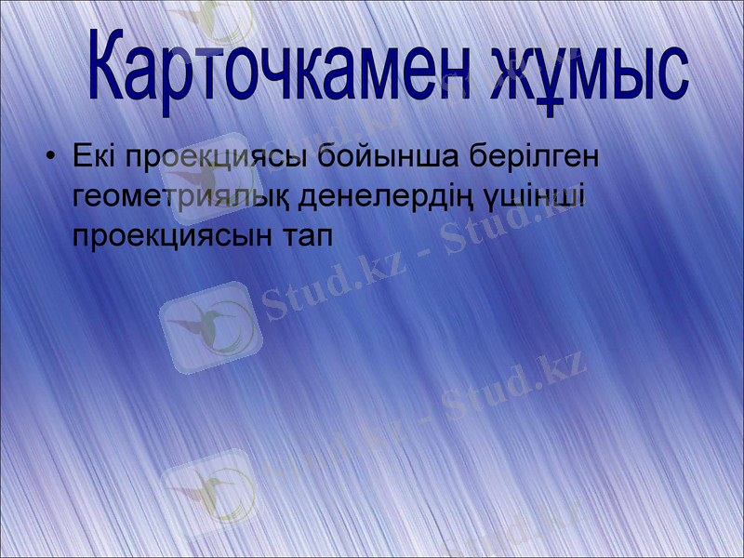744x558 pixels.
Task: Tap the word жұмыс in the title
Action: click(x=586, y=72)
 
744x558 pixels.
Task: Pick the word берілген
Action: click(x=534, y=158)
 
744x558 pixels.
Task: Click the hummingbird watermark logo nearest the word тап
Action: click(x=210, y=325)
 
